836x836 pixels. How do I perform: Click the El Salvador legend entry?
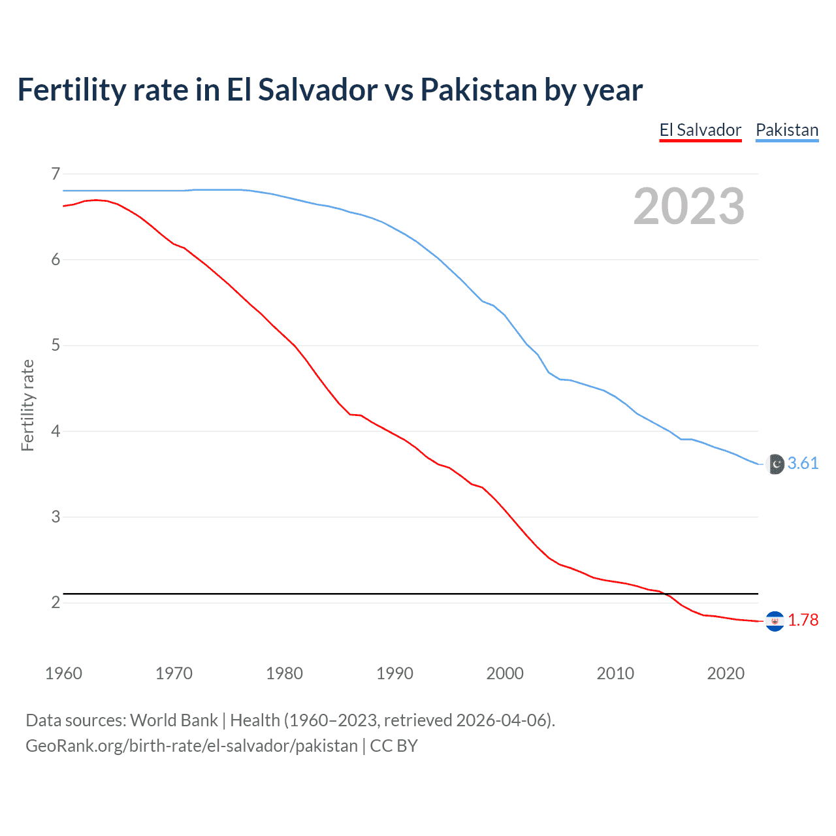coord(700,130)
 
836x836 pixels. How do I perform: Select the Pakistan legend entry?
coord(787,130)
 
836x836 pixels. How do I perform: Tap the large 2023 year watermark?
coord(688,206)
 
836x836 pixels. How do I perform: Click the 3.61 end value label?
coord(803,463)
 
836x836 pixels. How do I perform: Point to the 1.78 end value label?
coord(803,620)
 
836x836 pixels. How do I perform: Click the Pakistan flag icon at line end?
coord(775,464)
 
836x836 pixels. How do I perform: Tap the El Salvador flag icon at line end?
coord(775,620)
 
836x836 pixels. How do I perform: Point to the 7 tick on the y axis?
coord(56,174)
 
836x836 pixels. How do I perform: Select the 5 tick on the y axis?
coord(56,345)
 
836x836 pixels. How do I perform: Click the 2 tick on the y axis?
coord(56,602)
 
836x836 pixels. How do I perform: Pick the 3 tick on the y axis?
coord(56,517)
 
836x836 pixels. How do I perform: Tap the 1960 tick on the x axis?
coord(63,673)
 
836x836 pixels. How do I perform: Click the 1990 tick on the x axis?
coord(394,673)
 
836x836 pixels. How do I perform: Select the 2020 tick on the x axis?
coord(726,673)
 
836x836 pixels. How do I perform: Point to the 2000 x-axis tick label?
coord(505,673)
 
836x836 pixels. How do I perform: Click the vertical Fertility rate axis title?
coord(27,405)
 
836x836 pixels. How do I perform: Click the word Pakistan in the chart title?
coord(478,89)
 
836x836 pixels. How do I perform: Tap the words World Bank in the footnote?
coord(174,720)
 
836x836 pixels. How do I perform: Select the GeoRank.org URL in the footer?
coord(191,746)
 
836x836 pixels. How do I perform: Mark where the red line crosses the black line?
coord(666,594)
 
